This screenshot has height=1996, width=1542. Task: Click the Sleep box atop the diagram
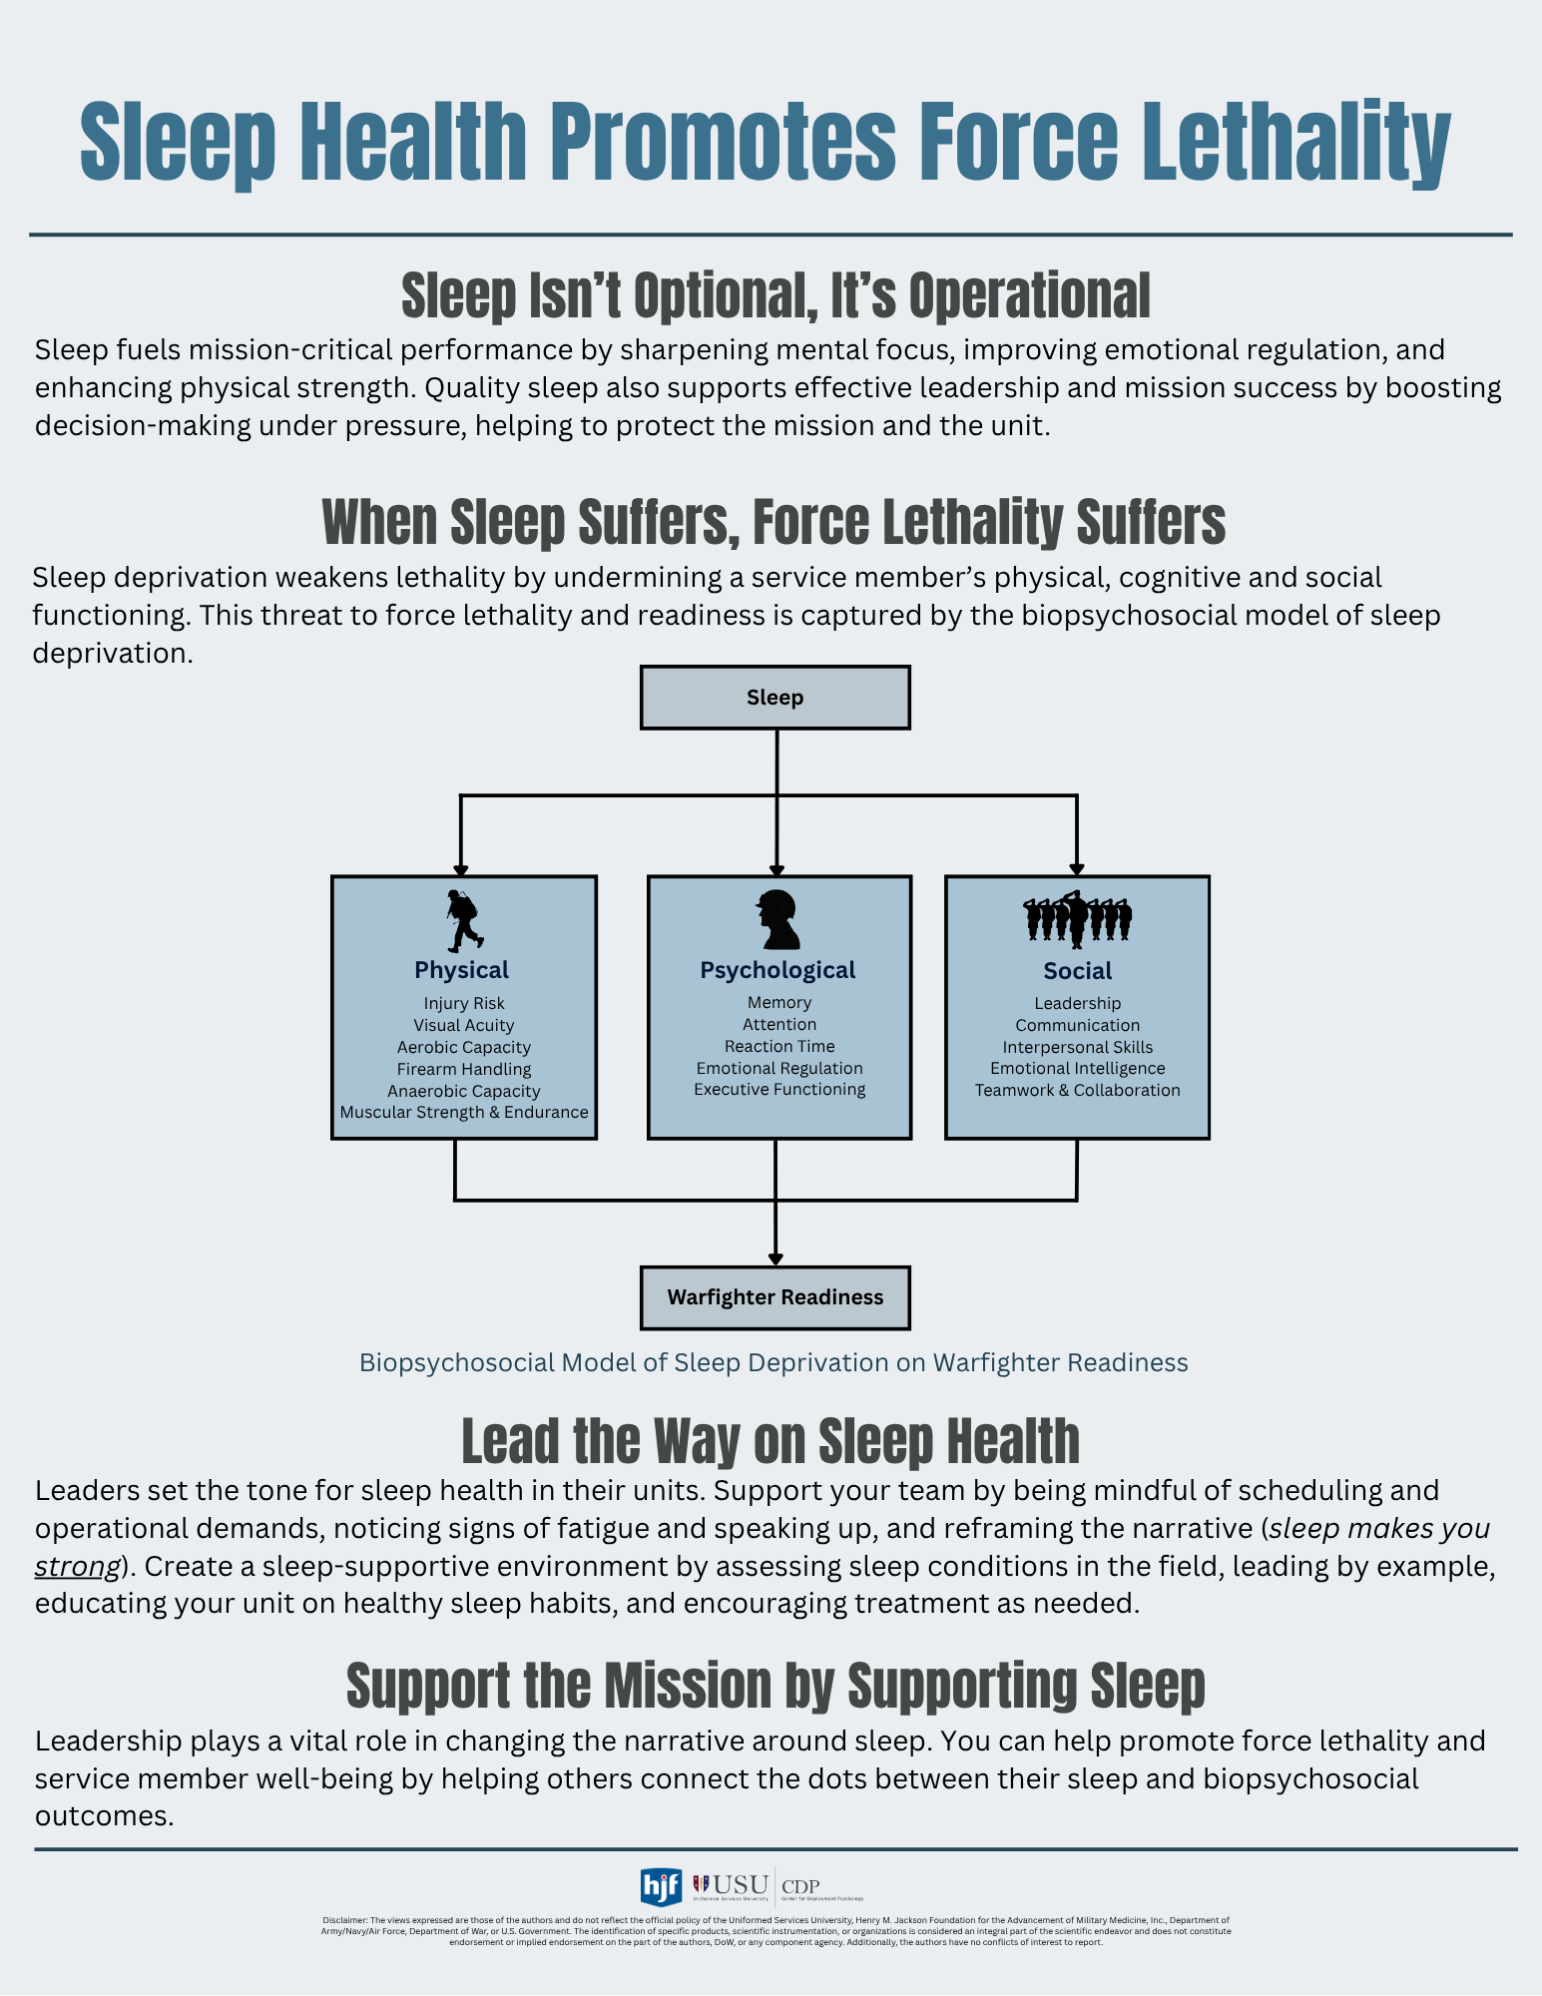click(774, 698)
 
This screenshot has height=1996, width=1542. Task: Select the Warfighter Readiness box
click(774, 1297)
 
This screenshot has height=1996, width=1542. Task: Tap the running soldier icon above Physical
click(462, 920)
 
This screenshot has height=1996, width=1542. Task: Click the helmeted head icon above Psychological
click(778, 919)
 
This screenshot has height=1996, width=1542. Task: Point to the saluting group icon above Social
click(1077, 918)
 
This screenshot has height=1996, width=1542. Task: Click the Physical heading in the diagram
click(461, 970)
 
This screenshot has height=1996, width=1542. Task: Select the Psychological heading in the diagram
click(777, 970)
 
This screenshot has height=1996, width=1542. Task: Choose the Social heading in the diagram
click(1077, 971)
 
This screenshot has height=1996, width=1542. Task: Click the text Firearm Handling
click(464, 1069)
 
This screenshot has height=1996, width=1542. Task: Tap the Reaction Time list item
click(779, 1046)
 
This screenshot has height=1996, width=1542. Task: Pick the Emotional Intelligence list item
click(1077, 1068)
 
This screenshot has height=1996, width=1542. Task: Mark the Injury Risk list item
click(464, 1003)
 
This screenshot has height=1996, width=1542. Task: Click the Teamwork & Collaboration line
click(1077, 1090)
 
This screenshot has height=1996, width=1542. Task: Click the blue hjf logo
click(661, 1887)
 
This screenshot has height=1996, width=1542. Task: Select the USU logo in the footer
click(732, 1885)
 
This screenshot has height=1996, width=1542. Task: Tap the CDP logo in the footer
click(801, 1887)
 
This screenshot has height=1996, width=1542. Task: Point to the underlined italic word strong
click(77, 1566)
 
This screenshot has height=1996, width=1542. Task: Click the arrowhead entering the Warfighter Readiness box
click(775, 1259)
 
